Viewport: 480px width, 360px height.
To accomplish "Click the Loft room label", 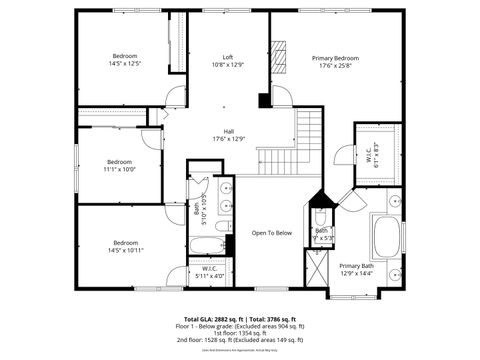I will point(229,58).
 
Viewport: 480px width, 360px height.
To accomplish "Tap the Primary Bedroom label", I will point(335,59).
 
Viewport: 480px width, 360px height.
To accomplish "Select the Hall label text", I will point(229,131).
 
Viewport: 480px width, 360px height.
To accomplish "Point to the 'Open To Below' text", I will point(271,233).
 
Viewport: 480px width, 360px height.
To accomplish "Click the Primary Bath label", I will point(356,265).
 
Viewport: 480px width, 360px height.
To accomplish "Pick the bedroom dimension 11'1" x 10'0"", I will point(119,169).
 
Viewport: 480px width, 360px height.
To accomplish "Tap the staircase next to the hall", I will point(311,129).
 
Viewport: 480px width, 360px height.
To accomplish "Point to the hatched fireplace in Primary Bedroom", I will point(282,59).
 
